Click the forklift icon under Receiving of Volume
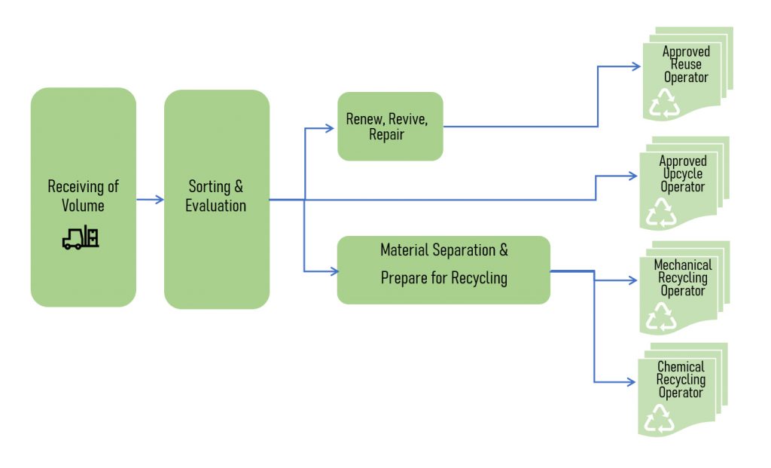click(81, 237)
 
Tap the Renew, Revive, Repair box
click(391, 127)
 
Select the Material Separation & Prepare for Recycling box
click(443, 270)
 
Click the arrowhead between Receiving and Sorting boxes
click(160, 199)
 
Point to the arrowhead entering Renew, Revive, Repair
click(330, 128)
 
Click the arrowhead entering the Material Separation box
click(334, 271)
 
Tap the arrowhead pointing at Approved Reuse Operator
click(635, 66)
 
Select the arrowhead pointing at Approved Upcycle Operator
click(632, 176)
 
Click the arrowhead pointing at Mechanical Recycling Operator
click(632, 280)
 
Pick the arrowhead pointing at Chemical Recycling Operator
click(631, 382)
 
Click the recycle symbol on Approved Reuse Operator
click(665, 102)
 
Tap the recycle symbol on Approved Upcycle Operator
click(661, 213)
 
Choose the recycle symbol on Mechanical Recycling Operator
click(661, 317)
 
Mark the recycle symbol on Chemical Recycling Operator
click(660, 418)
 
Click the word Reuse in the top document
click(686, 65)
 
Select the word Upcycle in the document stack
click(682, 174)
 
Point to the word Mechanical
click(683, 265)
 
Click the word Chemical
click(681, 366)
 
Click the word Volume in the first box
click(83, 205)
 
